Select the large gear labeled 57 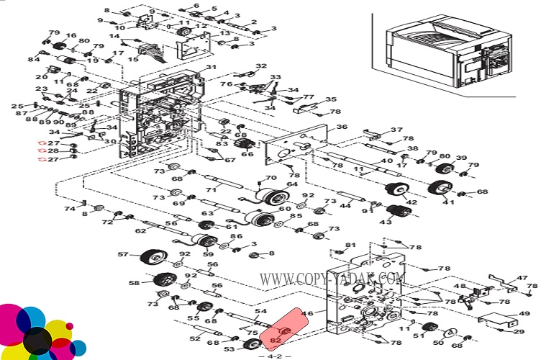[x=153, y=256]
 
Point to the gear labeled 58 [x=164, y=282]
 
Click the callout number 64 [x=291, y=184]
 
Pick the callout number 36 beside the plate [x=342, y=127]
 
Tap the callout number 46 [x=309, y=314]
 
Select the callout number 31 [x=211, y=68]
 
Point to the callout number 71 [x=211, y=190]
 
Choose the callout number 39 [x=461, y=158]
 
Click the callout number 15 [x=133, y=59]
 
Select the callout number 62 [x=140, y=231]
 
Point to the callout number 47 [x=522, y=277]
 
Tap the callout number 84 [x=34, y=59]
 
